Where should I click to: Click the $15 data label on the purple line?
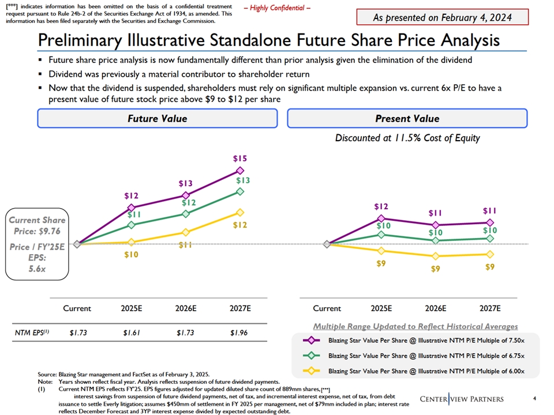240,159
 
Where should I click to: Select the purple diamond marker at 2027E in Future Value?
240,170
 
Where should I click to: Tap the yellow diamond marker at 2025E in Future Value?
132,242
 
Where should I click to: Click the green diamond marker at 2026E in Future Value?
185,214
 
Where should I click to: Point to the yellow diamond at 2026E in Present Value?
436,256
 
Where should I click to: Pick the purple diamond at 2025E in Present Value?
381,218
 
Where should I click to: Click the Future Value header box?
157,119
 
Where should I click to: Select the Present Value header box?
407,119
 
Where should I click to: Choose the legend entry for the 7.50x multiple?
426,341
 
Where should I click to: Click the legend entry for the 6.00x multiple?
426,371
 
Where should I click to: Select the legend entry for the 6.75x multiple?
426,356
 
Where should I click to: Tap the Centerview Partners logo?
461,399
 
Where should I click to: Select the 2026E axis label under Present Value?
436,308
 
